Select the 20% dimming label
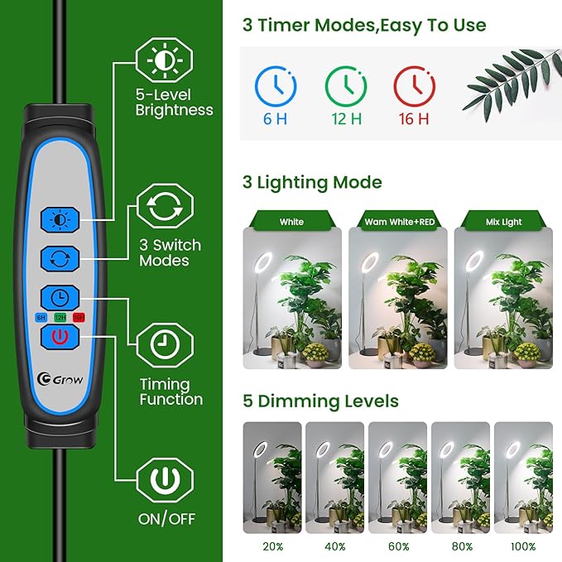point(271,547)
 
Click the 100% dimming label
point(522,547)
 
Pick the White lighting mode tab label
point(291,222)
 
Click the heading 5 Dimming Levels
point(320,402)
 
